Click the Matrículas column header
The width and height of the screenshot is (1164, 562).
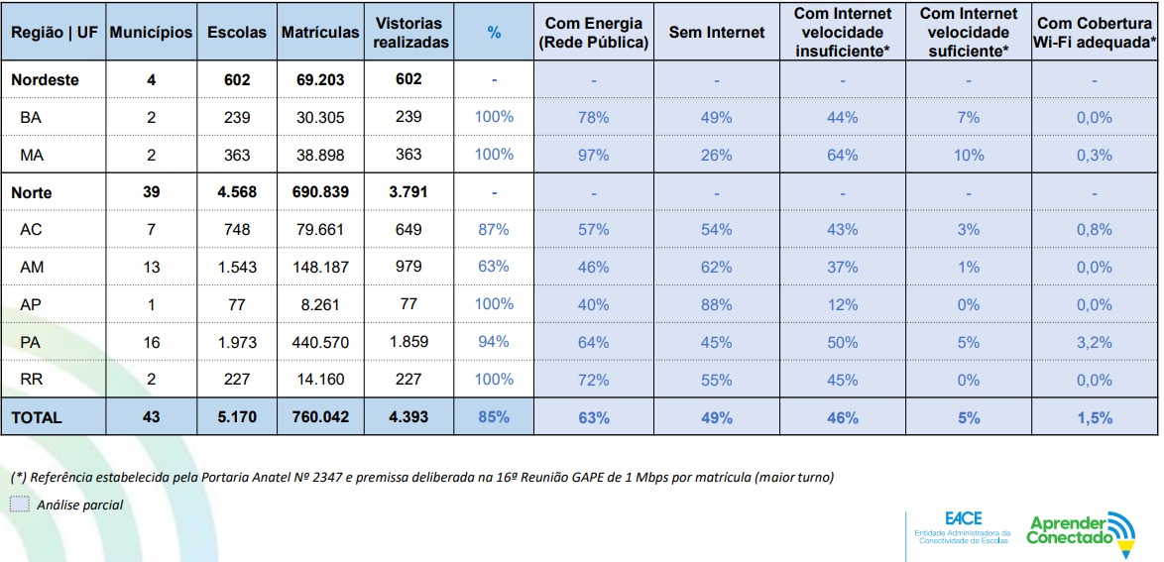320,32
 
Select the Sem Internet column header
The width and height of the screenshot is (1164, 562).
717,32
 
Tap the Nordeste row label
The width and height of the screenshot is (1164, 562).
46,79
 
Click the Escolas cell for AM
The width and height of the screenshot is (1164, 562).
237,267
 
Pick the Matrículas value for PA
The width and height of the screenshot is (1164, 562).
320,342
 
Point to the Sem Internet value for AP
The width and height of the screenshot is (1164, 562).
717,304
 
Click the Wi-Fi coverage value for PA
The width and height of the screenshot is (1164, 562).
1095,342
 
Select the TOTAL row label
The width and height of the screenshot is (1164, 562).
37,417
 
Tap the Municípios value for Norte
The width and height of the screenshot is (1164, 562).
151,192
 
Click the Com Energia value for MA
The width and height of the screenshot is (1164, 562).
593,155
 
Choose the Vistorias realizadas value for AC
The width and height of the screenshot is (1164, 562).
408,229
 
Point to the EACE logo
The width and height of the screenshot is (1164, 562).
962,527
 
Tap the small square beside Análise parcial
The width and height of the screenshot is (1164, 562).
20,505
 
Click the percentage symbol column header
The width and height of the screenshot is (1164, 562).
494,32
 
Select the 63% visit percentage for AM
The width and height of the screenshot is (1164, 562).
494,267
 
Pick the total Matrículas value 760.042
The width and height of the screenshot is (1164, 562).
320,417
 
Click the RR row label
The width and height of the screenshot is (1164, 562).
31,380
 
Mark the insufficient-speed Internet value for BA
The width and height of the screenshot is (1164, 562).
842,117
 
